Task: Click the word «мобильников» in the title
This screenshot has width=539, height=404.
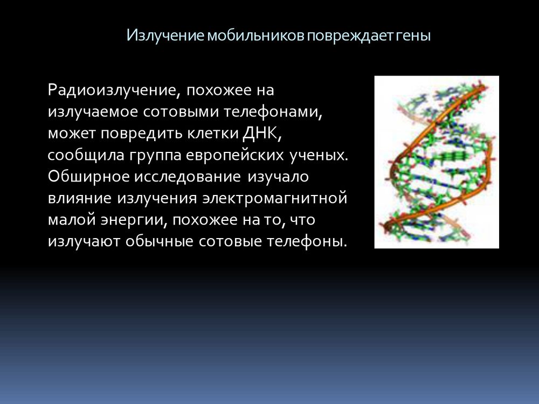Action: tap(255, 36)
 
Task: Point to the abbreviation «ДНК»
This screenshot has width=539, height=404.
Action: tap(261, 133)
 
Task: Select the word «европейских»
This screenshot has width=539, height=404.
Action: tap(235, 156)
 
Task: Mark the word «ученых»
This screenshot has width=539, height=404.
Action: tap(319, 156)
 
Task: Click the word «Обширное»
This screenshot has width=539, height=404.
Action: tap(89, 177)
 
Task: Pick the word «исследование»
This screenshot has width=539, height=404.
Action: tap(188, 177)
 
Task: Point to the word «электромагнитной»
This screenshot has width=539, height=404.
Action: tap(275, 199)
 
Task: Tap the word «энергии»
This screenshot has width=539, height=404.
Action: tap(134, 220)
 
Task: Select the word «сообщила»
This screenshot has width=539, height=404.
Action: tap(86, 156)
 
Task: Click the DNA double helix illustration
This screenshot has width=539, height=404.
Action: tap(437, 162)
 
